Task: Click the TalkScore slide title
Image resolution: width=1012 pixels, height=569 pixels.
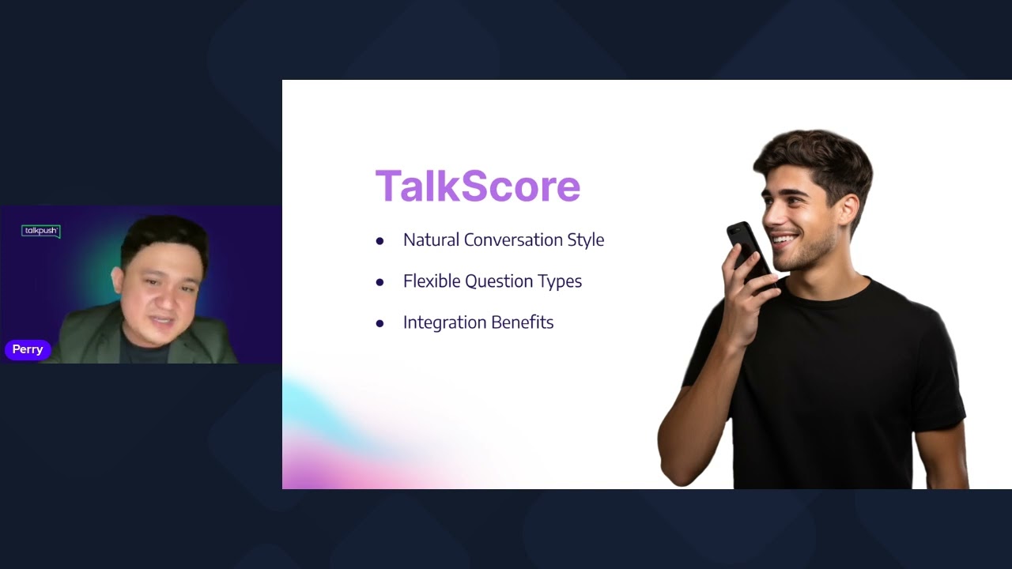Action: [478, 187]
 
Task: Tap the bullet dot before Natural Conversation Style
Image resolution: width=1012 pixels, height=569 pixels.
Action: [379, 241]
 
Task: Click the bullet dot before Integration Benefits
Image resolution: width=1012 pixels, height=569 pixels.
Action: [379, 323]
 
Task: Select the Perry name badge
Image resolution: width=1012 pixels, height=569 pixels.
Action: [28, 349]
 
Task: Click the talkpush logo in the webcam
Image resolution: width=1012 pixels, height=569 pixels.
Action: [40, 231]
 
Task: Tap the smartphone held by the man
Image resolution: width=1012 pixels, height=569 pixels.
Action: [747, 249]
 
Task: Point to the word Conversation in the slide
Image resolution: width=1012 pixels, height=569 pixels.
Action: [513, 240]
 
